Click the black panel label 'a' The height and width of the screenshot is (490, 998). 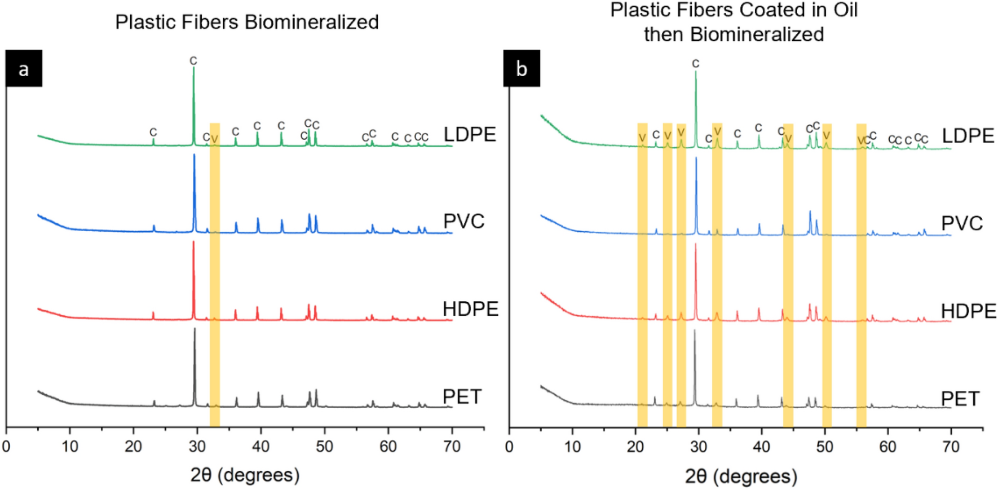point(24,69)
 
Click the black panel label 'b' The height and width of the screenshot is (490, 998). point(522,69)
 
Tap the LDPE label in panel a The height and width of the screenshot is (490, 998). point(470,134)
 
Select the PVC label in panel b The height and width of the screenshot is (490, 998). point(962,223)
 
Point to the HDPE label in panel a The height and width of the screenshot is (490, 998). point(470,309)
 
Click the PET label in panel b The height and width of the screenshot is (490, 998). point(960,399)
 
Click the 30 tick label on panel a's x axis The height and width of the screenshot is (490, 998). point(197,447)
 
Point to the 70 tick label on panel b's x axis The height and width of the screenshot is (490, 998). point(951,447)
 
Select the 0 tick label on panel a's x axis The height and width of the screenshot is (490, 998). point(6,447)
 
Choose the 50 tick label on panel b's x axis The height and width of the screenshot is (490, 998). point(824,447)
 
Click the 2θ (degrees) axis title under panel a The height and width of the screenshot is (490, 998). point(245,475)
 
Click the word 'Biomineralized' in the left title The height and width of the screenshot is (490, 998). point(312,22)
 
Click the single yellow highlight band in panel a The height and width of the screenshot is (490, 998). point(215,271)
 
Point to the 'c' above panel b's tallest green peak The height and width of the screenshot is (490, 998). point(696,64)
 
